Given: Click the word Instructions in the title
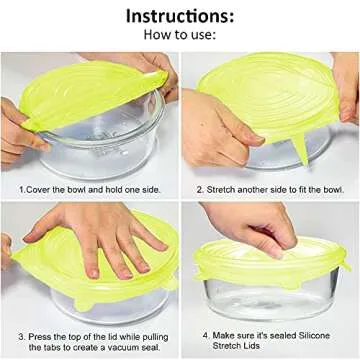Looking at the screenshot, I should coord(179,17).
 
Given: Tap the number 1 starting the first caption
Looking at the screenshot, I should coord(20,188).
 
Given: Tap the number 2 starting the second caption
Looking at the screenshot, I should coord(200,188).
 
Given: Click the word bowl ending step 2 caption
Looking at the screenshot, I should coord(334,188).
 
